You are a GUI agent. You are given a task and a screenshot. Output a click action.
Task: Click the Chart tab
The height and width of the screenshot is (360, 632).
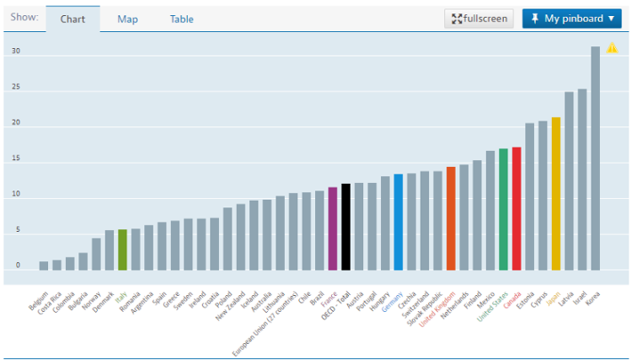[72, 19]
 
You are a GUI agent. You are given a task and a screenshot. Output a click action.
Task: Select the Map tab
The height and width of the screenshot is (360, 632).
[128, 19]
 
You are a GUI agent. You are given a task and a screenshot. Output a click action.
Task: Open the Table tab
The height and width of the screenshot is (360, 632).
[181, 19]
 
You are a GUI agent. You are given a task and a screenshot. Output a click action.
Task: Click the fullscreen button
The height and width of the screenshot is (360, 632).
[479, 19]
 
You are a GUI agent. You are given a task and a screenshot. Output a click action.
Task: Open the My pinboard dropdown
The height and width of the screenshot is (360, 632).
[571, 19]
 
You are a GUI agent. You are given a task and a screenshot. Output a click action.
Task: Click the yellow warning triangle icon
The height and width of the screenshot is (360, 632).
[612, 48]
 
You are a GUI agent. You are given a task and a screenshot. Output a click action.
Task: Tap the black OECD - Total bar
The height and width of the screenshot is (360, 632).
[346, 227]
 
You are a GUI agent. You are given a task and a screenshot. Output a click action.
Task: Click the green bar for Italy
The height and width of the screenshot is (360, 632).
[122, 250]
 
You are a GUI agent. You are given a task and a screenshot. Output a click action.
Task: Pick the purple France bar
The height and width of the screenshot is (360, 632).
[333, 228]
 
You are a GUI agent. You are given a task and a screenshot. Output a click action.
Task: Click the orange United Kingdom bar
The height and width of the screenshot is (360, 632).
[451, 218]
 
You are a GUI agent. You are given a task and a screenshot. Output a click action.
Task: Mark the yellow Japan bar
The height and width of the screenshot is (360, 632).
[556, 194]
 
